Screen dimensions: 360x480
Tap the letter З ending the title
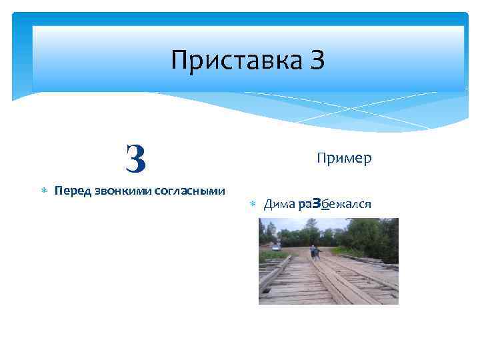[x=317, y=61]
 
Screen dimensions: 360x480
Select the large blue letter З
[x=135, y=158]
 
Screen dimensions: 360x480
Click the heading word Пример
[x=344, y=159]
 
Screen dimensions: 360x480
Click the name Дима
[x=279, y=204]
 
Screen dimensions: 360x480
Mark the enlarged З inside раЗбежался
[x=317, y=203]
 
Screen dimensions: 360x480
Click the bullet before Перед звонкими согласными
[x=44, y=191]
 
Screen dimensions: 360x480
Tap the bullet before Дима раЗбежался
[x=253, y=204]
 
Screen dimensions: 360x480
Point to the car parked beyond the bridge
[x=275, y=247]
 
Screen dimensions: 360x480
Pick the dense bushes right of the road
[x=363, y=243]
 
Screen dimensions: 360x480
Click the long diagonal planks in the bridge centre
[x=340, y=280]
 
